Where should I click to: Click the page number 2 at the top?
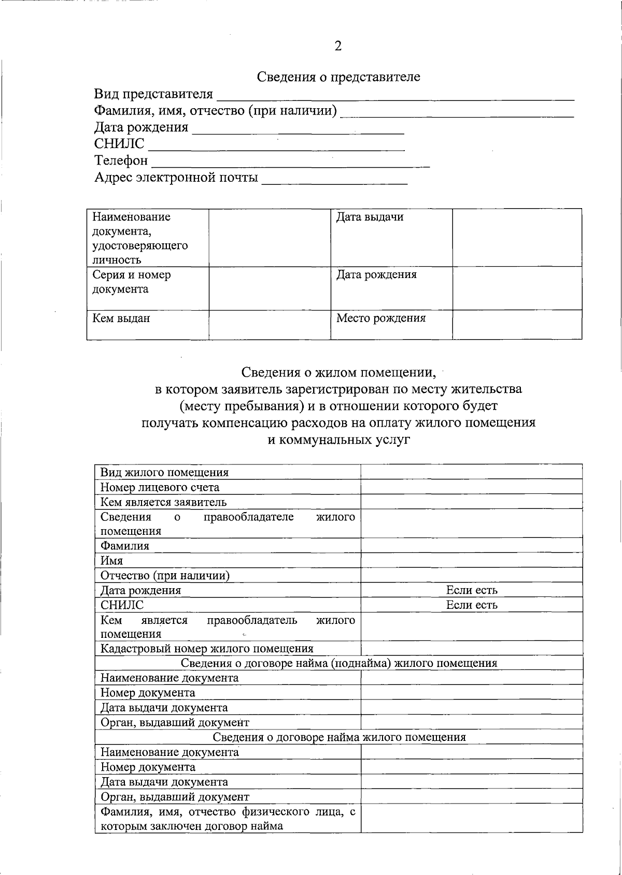coord(338,47)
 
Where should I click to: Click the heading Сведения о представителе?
coord(338,77)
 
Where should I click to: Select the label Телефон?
coord(121,161)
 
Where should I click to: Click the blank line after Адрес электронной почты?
coord(335,179)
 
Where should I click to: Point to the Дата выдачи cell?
coord(370,217)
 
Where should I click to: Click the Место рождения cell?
coord(381,318)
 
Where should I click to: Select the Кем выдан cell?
coord(121,318)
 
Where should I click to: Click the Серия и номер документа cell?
coord(132,282)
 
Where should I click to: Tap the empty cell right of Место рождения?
coord(517,325)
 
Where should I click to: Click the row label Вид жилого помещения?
coord(164,472)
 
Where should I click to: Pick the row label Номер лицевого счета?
coord(160,487)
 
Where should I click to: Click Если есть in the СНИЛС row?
coord(472,605)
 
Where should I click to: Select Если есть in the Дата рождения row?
coord(472,590)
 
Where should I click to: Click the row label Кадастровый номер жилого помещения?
coord(207,649)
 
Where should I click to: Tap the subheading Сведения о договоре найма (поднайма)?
coord(339,663)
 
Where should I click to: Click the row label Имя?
coord(111,561)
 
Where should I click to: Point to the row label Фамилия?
coord(124,546)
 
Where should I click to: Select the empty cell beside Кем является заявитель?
coord(471,502)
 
